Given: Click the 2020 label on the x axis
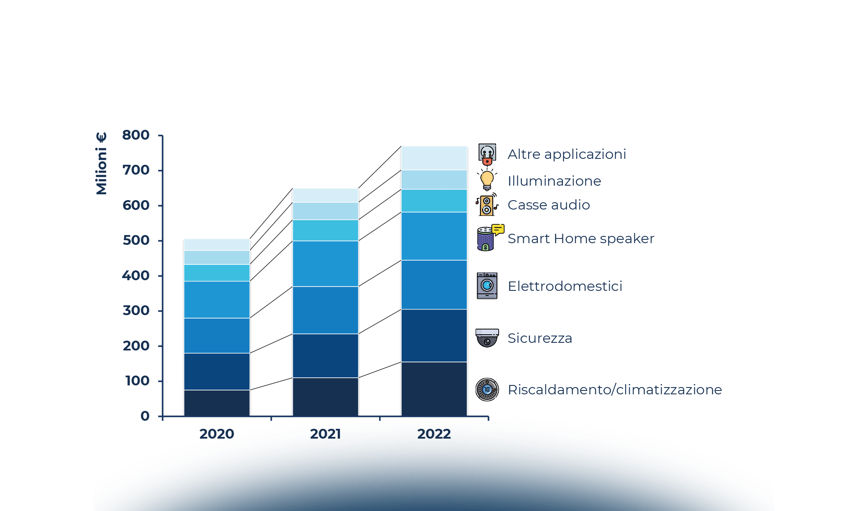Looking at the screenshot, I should click(217, 434).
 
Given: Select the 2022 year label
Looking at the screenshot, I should click(434, 434).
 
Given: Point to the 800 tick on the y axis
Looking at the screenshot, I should click(136, 135).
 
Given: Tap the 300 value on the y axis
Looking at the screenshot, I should click(136, 311).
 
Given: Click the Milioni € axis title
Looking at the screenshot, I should click(101, 163).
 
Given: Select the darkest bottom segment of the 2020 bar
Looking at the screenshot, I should click(217, 403).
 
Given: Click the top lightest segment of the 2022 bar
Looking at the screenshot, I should click(434, 158).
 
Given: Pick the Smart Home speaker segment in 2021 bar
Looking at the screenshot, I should click(325, 264).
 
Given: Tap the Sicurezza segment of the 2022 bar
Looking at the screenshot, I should click(434, 335).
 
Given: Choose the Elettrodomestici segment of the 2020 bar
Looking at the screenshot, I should click(217, 336).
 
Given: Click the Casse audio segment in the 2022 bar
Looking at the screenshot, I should click(434, 201).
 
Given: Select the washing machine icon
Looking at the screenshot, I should click(487, 286).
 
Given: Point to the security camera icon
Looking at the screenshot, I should click(487, 338).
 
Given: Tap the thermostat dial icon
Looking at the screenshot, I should click(487, 389).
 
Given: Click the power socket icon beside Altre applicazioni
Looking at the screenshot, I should click(487, 154).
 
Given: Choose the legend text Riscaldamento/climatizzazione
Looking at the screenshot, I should click(614, 390).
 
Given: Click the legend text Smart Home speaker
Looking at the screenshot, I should click(580, 238).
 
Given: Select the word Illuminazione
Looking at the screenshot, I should click(554, 181).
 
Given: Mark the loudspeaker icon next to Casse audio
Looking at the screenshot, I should click(487, 205).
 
